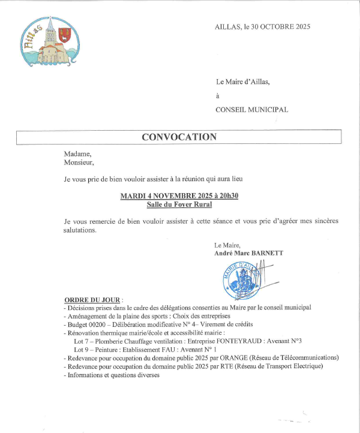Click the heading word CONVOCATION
point(179,137)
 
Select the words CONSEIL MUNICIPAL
point(252,110)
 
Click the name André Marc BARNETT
point(248,253)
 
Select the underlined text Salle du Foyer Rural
point(181,205)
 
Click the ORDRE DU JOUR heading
point(92,299)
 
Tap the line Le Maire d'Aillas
point(243,82)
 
